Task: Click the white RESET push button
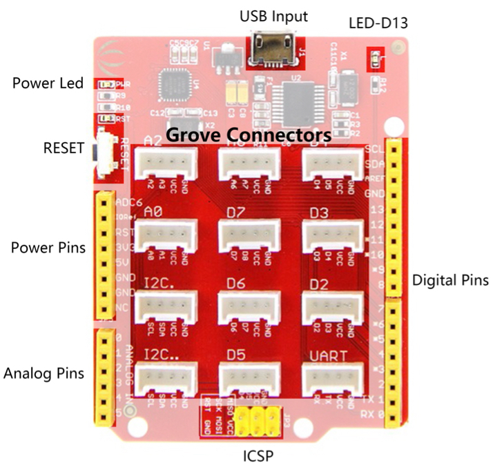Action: [106, 148]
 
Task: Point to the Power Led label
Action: [48, 83]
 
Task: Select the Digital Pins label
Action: [450, 280]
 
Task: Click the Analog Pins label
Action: [44, 373]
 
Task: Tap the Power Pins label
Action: [48, 246]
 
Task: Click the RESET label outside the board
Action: [63, 148]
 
